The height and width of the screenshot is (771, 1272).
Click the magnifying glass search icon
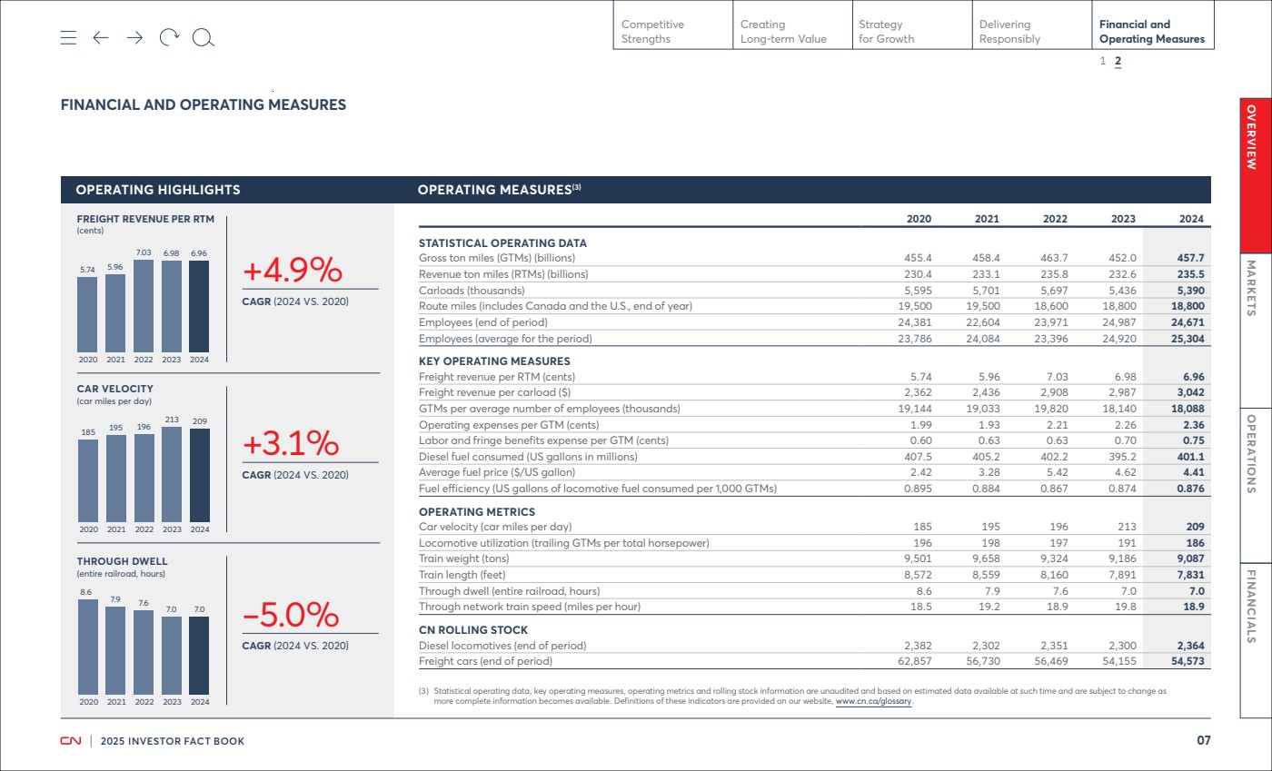point(204,38)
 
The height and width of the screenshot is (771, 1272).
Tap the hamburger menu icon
point(68,37)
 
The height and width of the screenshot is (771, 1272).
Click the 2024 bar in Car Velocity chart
point(200,475)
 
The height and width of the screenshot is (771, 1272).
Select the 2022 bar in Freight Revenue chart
point(144,306)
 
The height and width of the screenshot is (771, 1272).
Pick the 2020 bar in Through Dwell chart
point(88,647)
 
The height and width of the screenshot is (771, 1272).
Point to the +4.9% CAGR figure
point(293,270)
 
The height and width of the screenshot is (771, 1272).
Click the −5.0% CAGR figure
point(291,615)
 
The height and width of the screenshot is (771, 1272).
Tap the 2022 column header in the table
point(1055,219)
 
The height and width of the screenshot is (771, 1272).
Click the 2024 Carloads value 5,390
point(1191,290)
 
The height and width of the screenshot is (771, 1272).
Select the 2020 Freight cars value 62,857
point(915,661)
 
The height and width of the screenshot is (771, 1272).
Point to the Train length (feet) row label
point(462,575)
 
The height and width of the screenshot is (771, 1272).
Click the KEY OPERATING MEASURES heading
point(494,361)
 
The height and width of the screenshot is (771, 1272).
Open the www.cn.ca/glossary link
point(873,701)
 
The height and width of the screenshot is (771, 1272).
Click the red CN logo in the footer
point(71,741)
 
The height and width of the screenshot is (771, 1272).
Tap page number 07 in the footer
point(1204,740)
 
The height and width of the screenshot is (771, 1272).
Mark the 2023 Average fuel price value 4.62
point(1125,472)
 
